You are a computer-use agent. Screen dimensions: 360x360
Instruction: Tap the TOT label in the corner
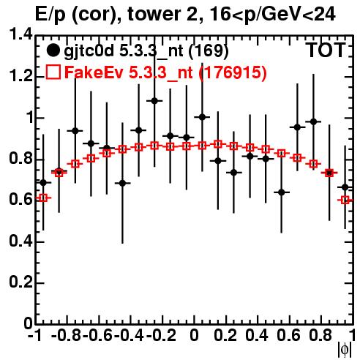pyautogui.click(x=326, y=50)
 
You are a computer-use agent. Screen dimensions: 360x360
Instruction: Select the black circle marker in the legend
pyautogui.click(x=53, y=50)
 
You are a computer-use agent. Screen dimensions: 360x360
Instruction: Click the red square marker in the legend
pyautogui.click(x=53, y=72)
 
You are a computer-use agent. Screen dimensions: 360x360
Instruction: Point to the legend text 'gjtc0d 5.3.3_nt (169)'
pyautogui.click(x=146, y=51)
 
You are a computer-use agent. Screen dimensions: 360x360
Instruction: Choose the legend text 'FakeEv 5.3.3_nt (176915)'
pyautogui.click(x=166, y=72)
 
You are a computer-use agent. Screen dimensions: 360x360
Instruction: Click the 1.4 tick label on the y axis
pyautogui.click(x=20, y=35)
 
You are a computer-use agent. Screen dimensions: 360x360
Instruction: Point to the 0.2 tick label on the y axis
pyautogui.click(x=20, y=282)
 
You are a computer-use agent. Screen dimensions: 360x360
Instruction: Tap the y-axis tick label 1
pyautogui.click(x=29, y=118)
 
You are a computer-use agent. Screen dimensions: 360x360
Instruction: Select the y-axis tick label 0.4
pyautogui.click(x=20, y=241)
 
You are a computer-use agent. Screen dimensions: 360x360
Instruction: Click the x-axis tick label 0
pyautogui.click(x=194, y=335)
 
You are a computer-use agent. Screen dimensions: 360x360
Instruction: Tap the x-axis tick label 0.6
pyautogui.click(x=288, y=335)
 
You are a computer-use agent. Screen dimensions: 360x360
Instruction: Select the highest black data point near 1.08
pyautogui.click(x=154, y=100)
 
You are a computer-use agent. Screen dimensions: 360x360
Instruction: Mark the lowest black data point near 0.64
pyautogui.click(x=282, y=192)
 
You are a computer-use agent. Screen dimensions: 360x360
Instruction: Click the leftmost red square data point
pyautogui.click(x=43, y=198)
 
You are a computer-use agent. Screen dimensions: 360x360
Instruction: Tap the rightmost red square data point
pyautogui.click(x=345, y=200)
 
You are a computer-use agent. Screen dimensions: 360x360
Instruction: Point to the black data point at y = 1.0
pyautogui.click(x=202, y=117)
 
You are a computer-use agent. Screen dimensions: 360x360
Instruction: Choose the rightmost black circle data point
pyautogui.click(x=345, y=187)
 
